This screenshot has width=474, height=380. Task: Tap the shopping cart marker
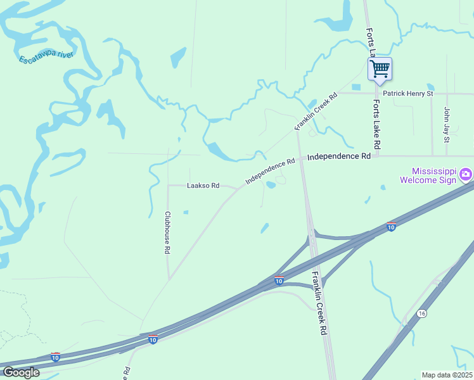380,68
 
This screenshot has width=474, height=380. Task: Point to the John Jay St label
446,123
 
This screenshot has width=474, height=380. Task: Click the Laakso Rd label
203,186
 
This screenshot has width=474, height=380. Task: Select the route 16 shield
421,313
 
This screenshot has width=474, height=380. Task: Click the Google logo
22,372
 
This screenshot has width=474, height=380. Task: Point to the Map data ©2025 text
447,375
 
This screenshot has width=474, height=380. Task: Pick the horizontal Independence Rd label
338,156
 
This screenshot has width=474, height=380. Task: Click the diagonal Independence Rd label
271,171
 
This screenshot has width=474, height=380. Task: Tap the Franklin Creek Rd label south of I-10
320,303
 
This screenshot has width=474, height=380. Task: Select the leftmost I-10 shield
55,357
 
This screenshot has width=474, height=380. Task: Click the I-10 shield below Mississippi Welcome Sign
392,227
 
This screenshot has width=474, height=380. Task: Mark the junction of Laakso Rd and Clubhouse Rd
168,186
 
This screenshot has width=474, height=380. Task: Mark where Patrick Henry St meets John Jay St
447,94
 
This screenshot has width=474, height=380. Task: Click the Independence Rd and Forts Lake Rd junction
378,156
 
